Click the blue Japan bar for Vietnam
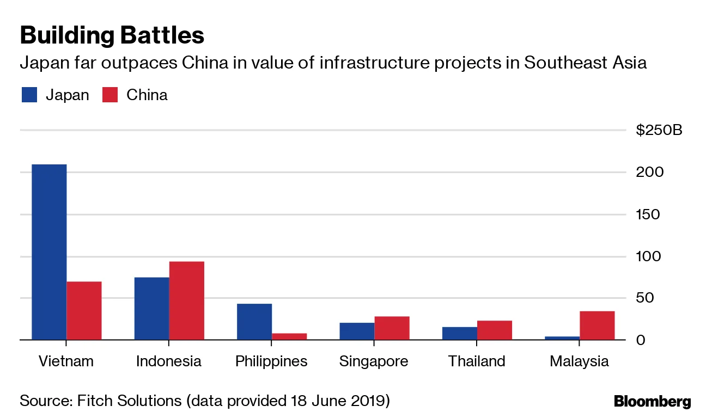49,252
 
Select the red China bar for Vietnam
84,311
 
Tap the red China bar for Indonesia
186,300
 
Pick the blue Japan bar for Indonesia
151,309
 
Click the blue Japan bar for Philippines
254,322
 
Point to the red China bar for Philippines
289,336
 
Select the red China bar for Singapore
392,328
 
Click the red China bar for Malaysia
597,325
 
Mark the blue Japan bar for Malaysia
562,338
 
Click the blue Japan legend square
29,95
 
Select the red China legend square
110,95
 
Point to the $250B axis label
659,131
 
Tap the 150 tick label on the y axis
648,214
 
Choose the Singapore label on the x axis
374,361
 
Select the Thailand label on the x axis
477,361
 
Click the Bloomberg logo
652,402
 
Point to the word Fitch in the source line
92,402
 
